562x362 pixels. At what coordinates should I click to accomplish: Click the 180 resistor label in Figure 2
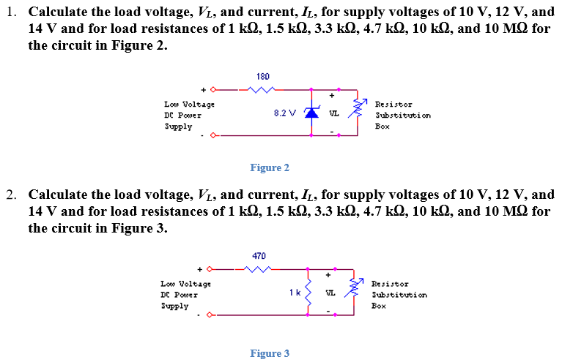(264, 76)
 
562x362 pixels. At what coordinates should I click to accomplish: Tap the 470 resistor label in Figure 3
(259, 256)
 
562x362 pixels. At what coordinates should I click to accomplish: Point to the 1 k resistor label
(294, 293)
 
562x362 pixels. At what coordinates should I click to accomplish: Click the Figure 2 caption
(269, 167)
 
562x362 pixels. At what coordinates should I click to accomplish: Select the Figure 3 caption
(269, 353)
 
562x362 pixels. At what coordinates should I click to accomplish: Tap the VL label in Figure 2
(333, 114)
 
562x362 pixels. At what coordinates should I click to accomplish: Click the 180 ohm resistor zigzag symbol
(262, 91)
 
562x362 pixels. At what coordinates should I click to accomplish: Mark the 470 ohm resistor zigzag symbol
(258, 270)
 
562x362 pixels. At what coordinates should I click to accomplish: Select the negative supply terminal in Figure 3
(210, 315)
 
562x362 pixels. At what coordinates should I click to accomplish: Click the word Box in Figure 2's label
(382, 126)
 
